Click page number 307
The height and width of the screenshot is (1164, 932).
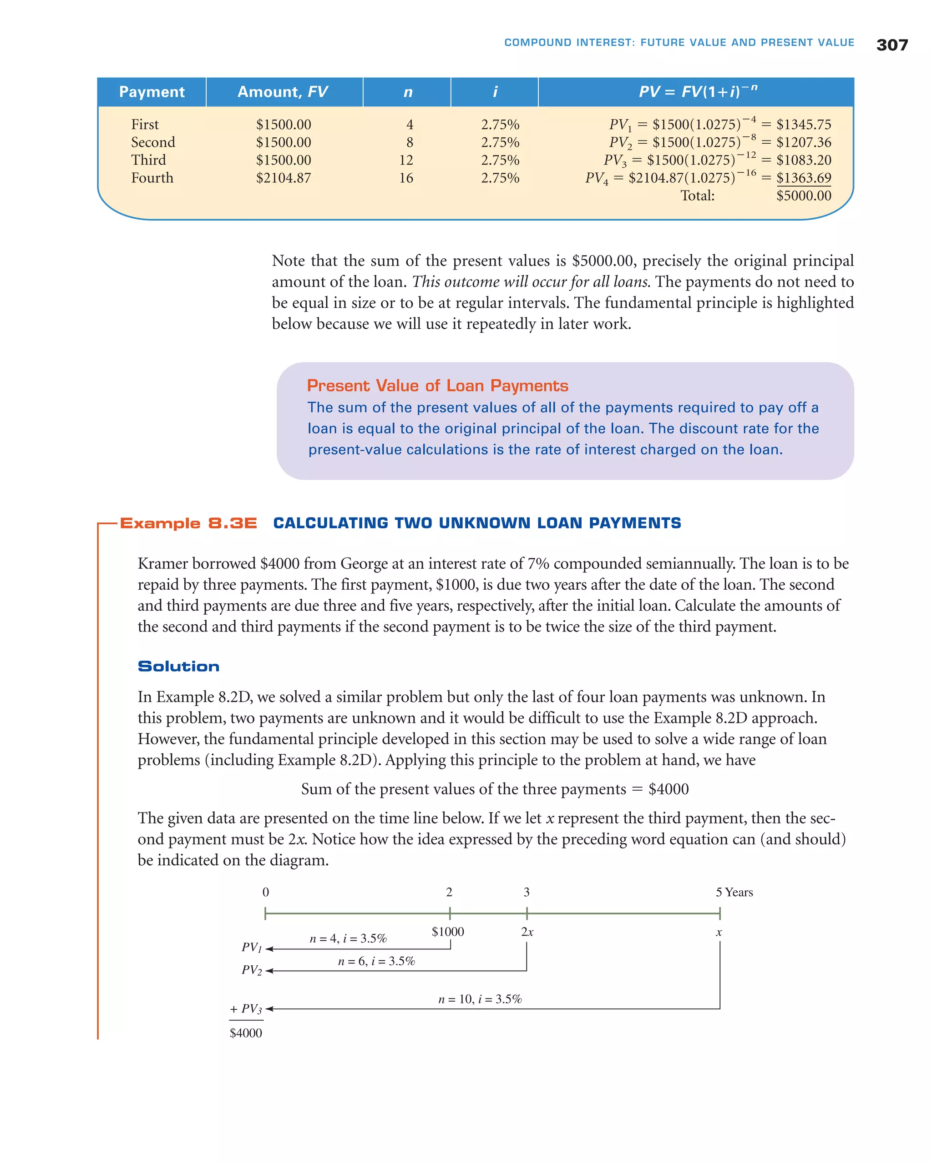(891, 45)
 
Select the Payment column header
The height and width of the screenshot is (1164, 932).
(152, 92)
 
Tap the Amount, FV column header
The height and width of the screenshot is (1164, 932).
(283, 92)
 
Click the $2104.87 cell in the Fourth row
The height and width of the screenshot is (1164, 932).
(283, 178)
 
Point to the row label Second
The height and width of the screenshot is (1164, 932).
(153, 142)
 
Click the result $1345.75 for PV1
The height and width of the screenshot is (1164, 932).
(803, 124)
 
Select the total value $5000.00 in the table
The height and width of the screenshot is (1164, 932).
(803, 196)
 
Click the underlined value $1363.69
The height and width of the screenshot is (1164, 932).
(803, 178)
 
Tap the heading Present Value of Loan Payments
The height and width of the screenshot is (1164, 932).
(437, 386)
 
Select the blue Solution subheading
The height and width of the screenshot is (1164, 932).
(178, 666)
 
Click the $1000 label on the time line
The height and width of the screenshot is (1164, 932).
(447, 931)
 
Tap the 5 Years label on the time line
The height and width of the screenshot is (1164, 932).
(734, 892)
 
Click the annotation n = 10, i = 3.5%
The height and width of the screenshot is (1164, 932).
(480, 999)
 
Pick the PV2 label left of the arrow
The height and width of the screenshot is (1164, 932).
(251, 970)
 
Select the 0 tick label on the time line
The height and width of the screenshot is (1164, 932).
(265, 892)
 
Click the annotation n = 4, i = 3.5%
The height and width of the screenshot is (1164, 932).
(348, 938)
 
